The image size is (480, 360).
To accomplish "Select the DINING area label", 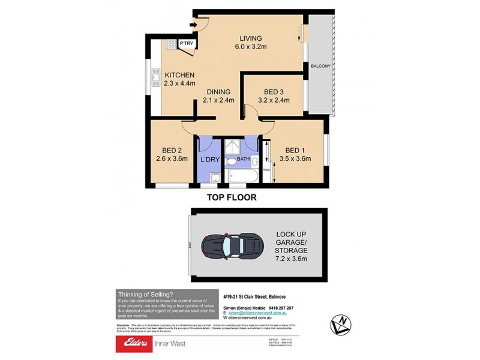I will [x=219, y=92].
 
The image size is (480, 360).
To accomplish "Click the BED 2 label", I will [x=172, y=151].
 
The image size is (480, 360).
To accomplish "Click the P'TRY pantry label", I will [x=186, y=44].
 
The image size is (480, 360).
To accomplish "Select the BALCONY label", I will [x=320, y=66].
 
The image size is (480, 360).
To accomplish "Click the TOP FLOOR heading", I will [x=232, y=197].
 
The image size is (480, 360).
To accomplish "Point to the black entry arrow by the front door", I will [x=193, y=25].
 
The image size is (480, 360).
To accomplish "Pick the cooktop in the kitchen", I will [x=171, y=44].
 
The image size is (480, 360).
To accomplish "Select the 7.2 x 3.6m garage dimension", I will [x=292, y=259].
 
